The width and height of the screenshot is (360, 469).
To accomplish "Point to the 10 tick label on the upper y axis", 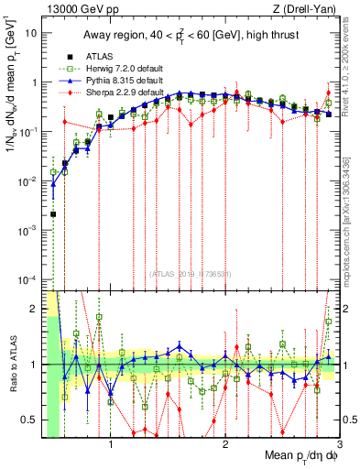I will click(x=30, y=33).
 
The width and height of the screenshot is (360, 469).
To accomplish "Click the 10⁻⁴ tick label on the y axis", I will click(x=28, y=279).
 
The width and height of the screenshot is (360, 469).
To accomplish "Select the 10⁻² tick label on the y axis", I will click(x=28, y=181).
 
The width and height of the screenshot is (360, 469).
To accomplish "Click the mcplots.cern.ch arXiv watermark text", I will click(x=352, y=211).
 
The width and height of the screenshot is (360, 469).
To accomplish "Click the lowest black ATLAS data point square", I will click(x=53, y=214).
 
